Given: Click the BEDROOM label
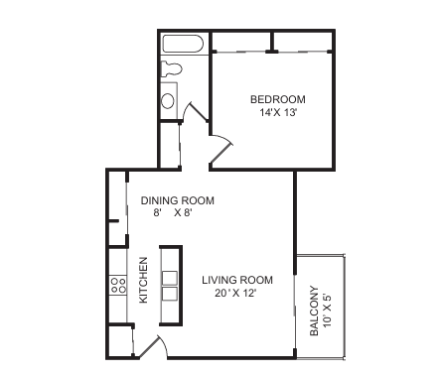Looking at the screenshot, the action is point(278,99).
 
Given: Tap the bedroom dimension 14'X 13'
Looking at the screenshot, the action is point(277,113).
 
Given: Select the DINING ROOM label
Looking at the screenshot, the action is point(178,200).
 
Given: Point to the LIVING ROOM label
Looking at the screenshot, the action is point(237,280).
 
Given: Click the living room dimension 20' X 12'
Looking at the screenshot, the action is point(235,293).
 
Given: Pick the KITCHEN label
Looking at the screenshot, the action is point(143,280).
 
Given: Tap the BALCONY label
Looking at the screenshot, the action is point(314,311).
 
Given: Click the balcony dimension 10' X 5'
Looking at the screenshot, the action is point(328,310).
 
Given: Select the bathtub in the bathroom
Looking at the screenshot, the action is point(182,44).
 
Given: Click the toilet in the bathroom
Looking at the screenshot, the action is point(171,68).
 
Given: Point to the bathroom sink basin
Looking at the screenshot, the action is point(168,101).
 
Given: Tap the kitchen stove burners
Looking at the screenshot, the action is point(118,286).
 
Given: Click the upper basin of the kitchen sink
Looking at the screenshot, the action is point(170,278).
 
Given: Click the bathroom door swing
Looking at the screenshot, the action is point(195,112).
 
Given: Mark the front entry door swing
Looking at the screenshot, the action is point(153,346).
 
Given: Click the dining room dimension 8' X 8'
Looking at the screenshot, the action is point(173,213).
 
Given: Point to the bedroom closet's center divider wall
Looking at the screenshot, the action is point(272,42).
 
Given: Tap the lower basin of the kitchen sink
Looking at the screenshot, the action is point(170,294).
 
